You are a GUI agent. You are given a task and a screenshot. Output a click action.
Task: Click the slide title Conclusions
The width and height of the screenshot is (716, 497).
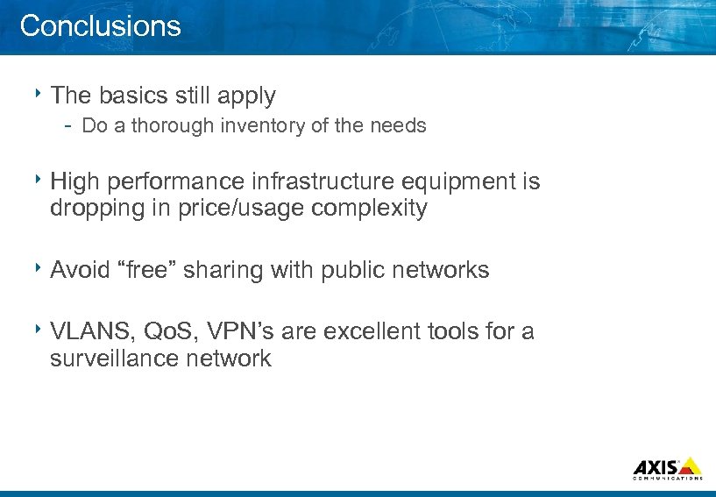[100, 25]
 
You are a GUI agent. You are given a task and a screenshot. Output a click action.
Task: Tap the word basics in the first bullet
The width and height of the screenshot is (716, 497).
[127, 95]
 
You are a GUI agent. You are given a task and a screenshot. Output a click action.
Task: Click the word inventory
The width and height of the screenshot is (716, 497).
[262, 125]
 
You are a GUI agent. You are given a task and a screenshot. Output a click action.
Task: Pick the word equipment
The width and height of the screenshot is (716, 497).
[452, 182]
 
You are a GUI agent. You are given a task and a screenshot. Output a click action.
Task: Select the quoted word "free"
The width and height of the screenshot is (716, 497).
[139, 270]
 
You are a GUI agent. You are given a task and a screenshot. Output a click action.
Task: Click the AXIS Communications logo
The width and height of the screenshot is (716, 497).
[667, 468]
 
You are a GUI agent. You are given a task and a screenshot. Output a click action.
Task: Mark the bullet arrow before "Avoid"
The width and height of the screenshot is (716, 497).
[40, 266]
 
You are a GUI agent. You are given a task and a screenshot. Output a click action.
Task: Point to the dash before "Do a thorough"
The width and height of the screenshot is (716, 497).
[67, 125]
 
